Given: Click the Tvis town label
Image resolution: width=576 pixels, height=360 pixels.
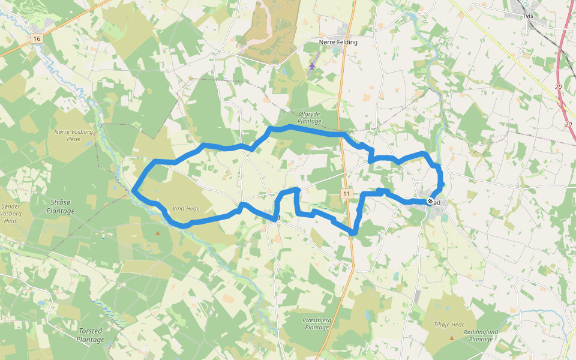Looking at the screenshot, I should coord(528,16).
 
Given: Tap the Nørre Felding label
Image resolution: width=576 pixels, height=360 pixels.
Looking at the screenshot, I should coord(338,42).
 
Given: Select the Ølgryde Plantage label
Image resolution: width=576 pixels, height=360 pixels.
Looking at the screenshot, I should coord(310,117).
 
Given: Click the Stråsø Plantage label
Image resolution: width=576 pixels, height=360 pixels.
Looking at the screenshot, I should coord(61,207).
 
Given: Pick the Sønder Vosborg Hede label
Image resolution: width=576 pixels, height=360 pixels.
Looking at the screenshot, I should coord(11,213).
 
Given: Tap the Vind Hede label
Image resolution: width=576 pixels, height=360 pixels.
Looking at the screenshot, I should coord(185,209).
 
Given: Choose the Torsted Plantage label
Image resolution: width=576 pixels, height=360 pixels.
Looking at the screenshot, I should coord(91,335).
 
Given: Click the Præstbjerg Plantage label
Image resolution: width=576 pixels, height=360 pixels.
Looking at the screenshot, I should coord(317,323).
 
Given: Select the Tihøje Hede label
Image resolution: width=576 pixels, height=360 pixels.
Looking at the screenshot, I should coord(449,325).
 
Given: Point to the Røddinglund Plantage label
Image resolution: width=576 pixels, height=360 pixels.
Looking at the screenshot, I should coord(481,335).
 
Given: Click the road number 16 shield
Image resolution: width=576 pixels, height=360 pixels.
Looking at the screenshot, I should coord(37,38).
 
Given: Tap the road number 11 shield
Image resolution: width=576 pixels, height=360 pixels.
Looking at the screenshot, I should coord(347,193).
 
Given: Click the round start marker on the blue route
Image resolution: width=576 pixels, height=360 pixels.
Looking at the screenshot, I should coord(430,202).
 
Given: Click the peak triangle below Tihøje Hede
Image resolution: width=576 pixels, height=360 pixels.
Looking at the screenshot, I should coord(452,338).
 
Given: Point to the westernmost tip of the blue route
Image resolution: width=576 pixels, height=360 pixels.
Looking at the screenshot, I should coord(133,191).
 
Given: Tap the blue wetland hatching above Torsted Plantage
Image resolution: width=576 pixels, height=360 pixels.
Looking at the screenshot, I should coord(112,312).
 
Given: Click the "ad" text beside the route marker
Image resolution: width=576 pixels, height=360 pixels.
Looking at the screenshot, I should coord(437,202).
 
